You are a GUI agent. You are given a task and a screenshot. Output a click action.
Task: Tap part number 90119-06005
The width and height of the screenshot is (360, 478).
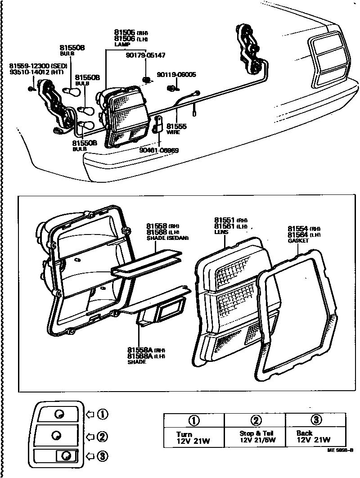(x=176, y=75)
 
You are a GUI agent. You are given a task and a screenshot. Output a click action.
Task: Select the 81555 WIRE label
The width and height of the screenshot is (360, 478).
(x=176, y=130)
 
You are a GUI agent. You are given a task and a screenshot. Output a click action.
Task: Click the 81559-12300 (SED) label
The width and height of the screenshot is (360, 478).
(x=38, y=66)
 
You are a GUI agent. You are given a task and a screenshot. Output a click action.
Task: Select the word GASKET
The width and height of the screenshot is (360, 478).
(x=298, y=241)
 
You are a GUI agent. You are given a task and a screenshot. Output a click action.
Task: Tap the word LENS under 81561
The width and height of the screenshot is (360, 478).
(x=221, y=232)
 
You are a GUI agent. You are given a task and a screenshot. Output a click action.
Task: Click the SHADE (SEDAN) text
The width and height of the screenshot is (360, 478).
(x=167, y=237)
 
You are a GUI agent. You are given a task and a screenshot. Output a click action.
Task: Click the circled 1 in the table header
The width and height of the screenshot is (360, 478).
(x=194, y=420)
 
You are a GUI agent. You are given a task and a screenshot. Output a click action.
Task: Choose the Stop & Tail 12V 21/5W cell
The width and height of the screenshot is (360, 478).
(x=255, y=437)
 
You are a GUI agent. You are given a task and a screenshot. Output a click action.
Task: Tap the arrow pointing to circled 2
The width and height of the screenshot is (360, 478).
(x=90, y=436)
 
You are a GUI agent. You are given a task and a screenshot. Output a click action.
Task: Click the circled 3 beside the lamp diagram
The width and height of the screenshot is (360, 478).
(x=103, y=457)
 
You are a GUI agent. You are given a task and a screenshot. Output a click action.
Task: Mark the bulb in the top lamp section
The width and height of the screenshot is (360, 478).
(x=58, y=414)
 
